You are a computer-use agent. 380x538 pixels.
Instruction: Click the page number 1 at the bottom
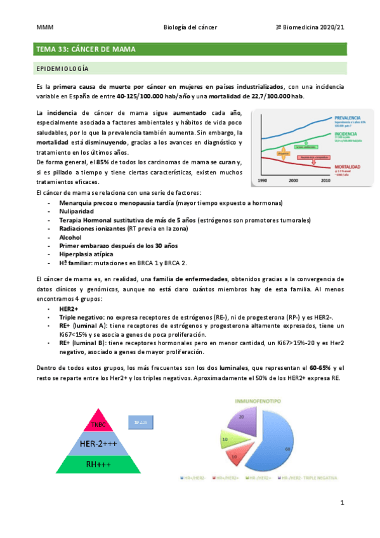(341, 504)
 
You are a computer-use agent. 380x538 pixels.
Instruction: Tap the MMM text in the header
(43, 28)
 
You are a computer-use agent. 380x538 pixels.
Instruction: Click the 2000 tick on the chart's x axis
(292, 181)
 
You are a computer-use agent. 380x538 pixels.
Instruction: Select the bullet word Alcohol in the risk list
(70, 237)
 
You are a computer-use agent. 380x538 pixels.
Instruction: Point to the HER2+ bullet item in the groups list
(70, 307)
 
